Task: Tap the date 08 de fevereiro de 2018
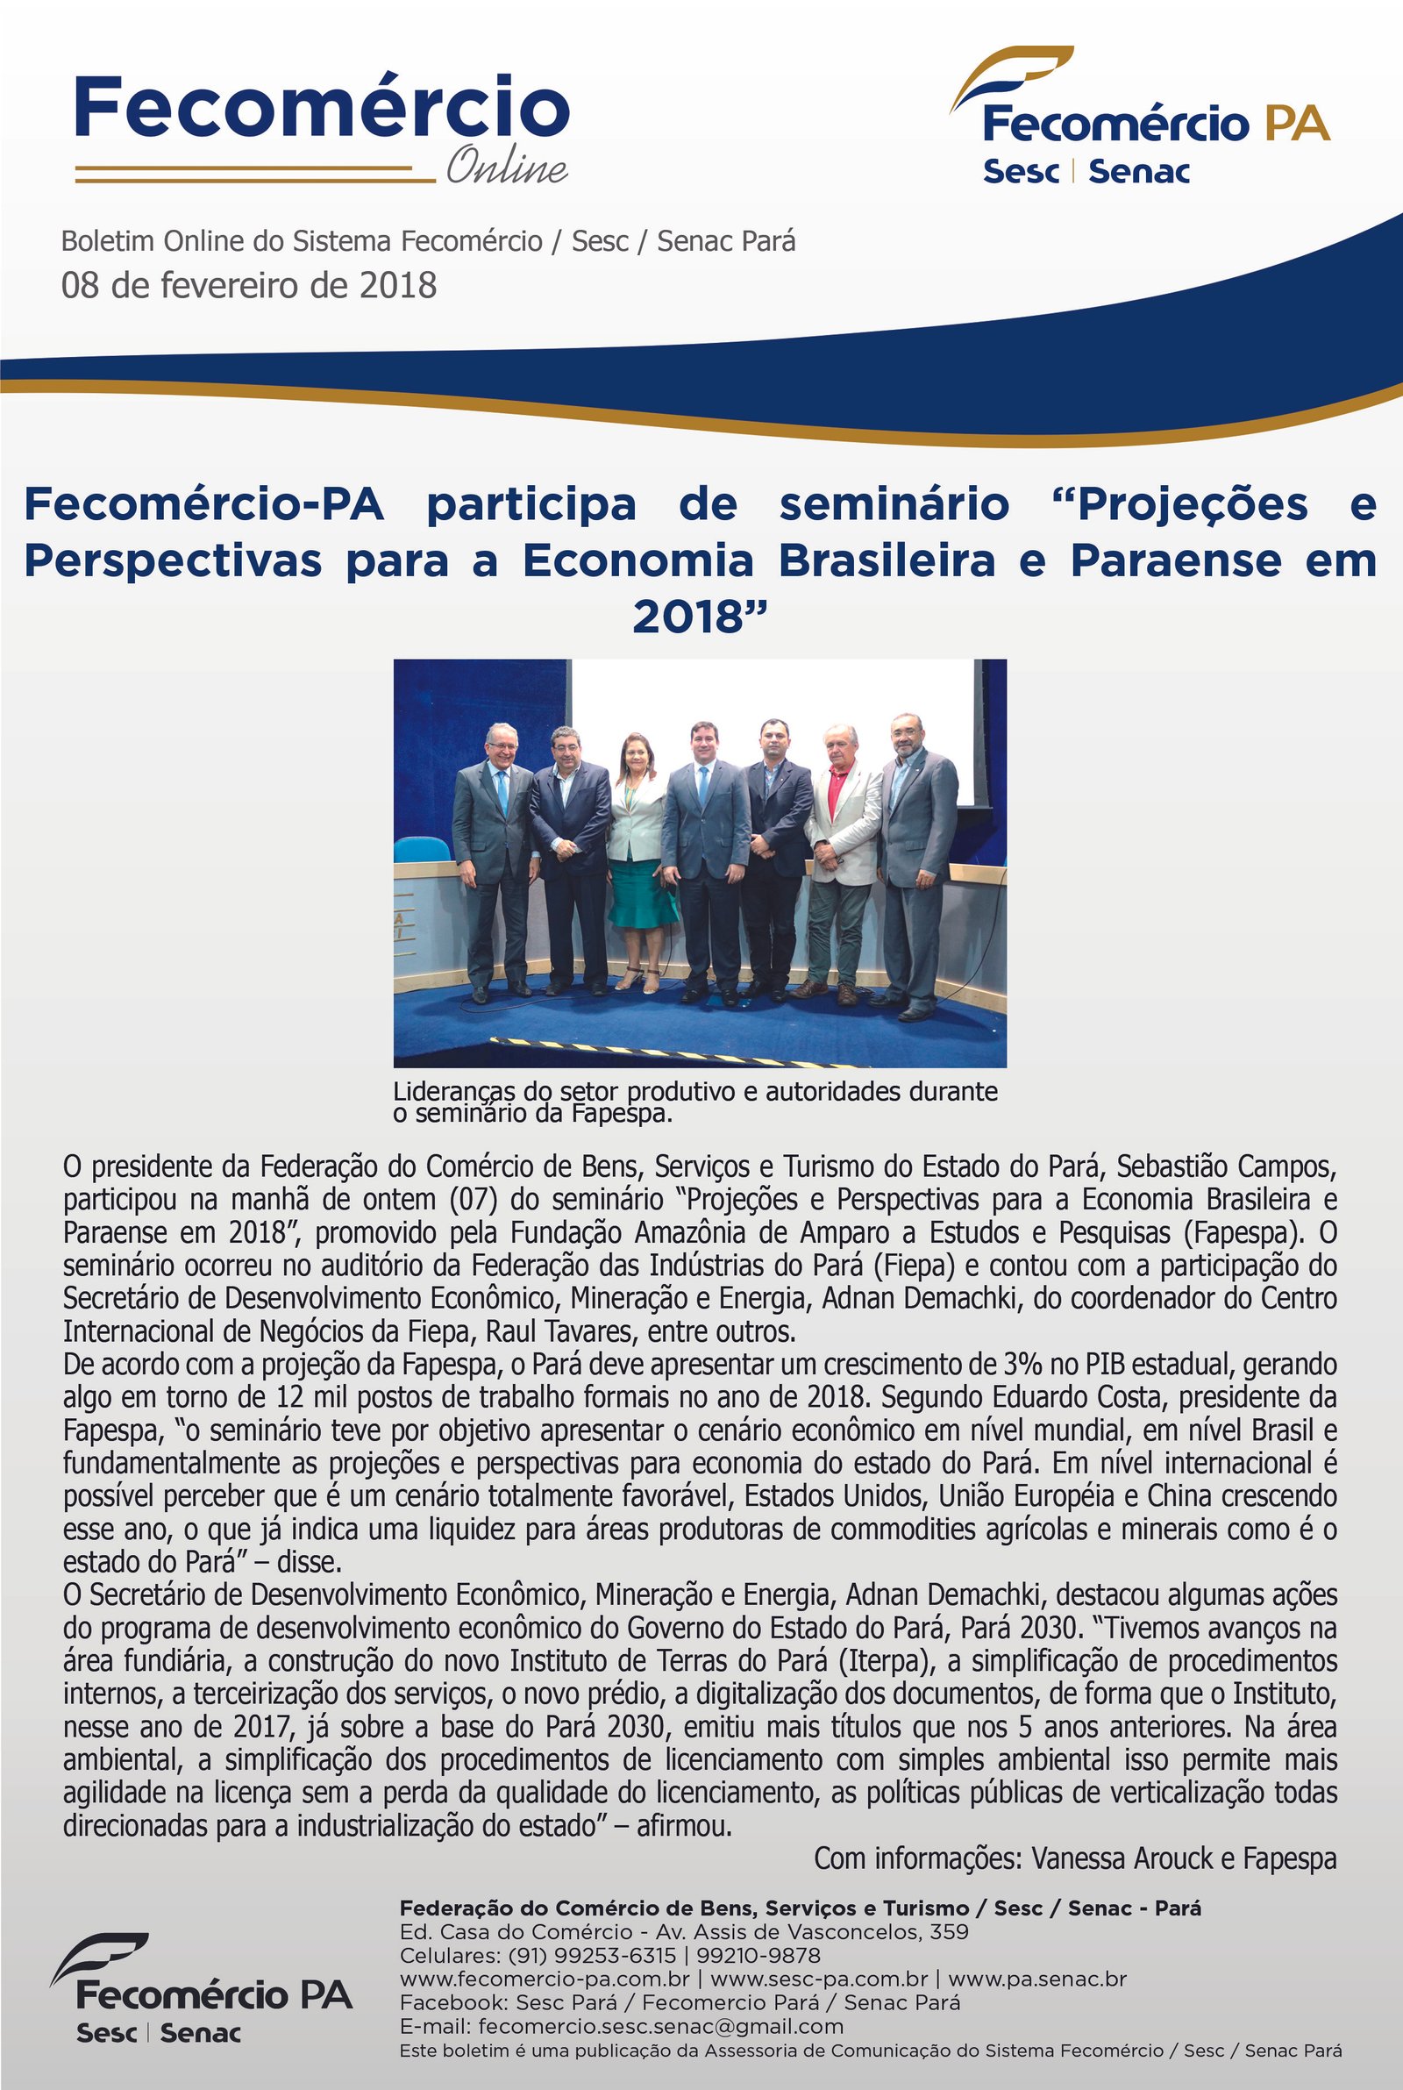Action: coord(249,285)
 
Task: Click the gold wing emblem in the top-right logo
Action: coord(1010,76)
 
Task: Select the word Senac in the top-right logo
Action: coord(1138,171)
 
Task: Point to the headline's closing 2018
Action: coord(700,617)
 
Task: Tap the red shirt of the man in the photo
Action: coord(837,787)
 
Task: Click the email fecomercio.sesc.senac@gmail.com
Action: coord(660,2028)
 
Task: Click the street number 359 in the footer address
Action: coord(949,1932)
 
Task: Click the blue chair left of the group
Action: coord(421,848)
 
